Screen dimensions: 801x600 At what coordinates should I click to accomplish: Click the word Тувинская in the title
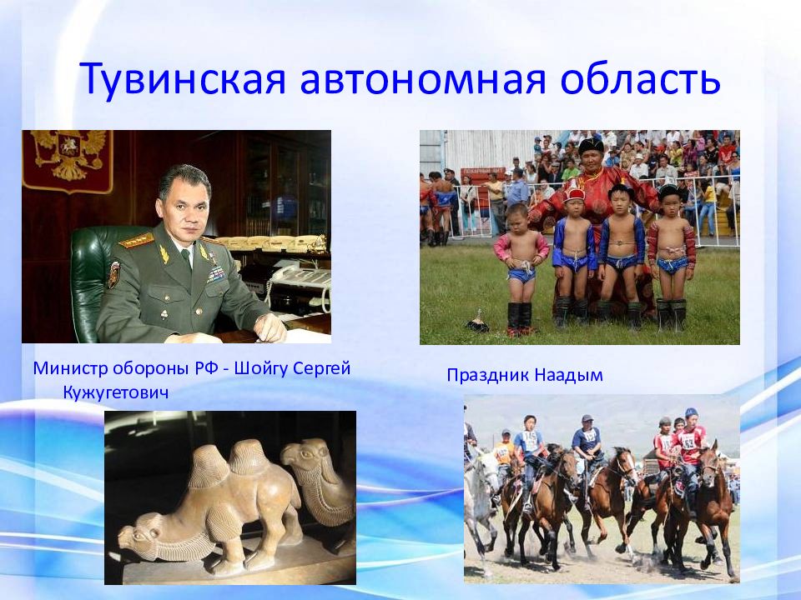[x=183, y=79]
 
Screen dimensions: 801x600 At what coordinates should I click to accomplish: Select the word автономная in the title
[x=423, y=80]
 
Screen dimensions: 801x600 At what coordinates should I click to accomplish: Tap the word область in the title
[x=640, y=78]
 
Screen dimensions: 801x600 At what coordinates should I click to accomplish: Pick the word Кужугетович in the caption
[x=116, y=392]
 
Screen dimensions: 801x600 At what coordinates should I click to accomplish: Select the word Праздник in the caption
[x=487, y=376]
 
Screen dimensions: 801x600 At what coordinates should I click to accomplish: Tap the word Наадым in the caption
[x=568, y=376]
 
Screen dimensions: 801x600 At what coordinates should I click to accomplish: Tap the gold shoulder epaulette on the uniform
[x=136, y=240]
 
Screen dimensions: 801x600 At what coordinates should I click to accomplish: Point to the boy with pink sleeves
[x=520, y=267]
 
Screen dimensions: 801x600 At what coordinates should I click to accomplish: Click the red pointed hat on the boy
[x=574, y=192]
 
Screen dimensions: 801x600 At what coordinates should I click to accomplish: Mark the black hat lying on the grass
[x=477, y=322]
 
